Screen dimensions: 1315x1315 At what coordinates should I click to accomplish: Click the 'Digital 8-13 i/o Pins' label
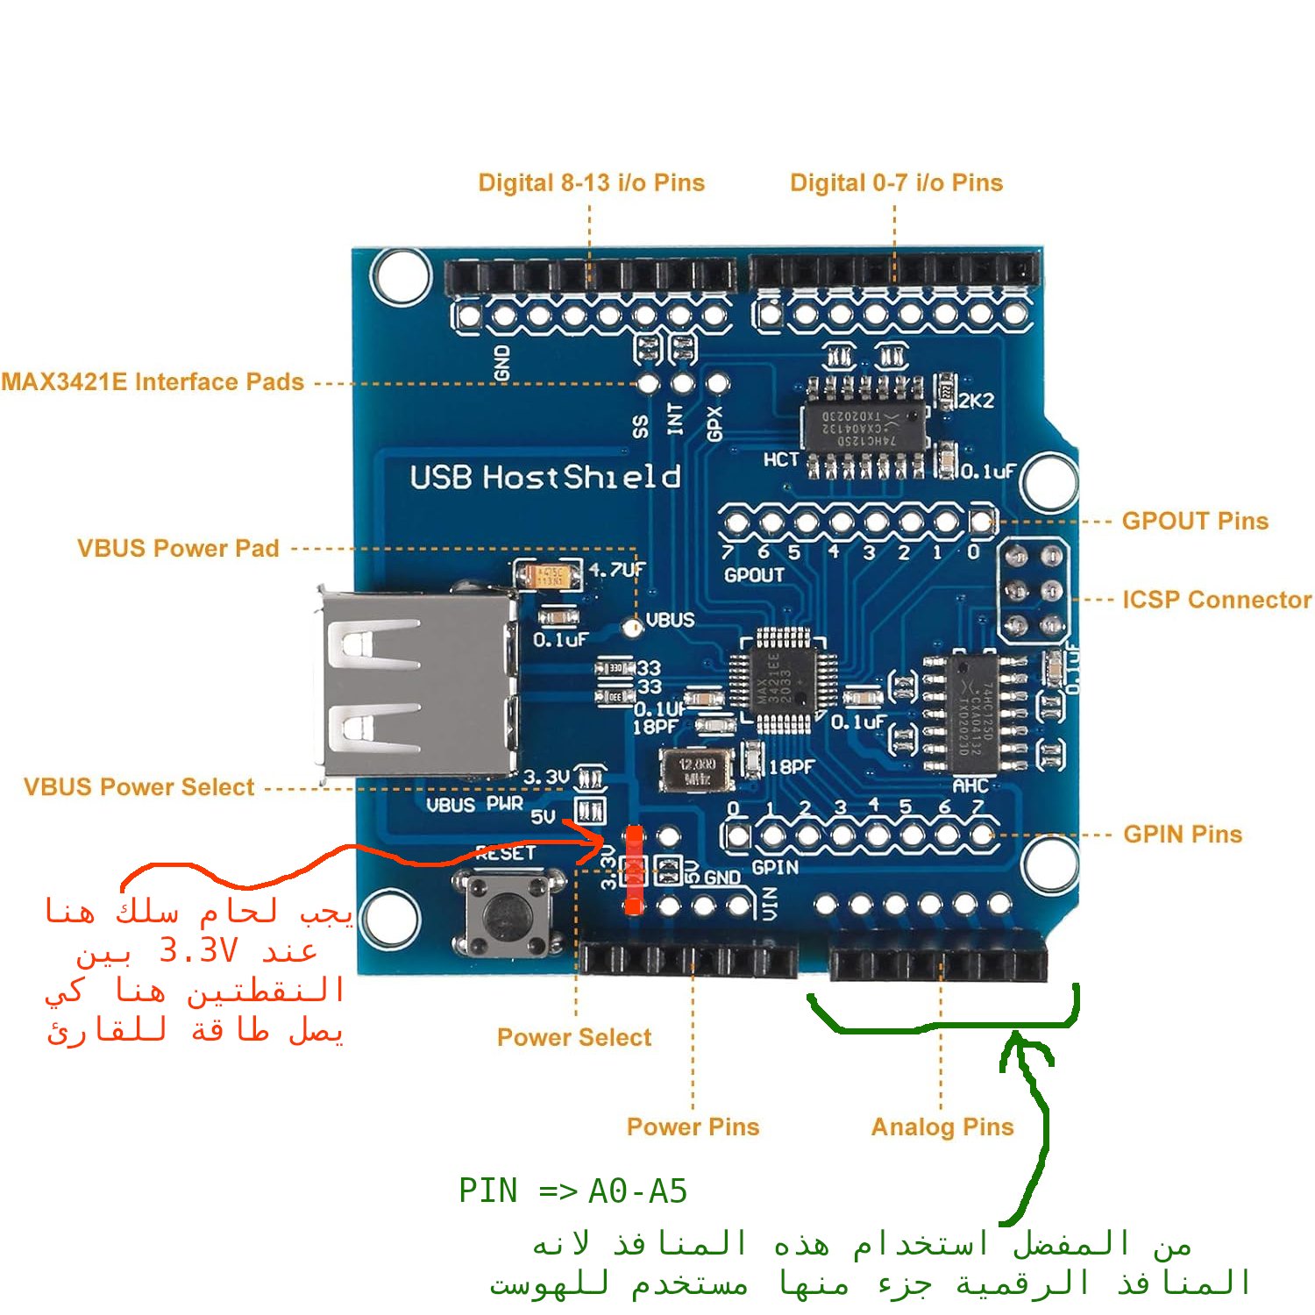click(591, 182)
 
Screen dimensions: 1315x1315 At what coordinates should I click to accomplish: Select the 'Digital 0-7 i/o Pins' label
click(896, 182)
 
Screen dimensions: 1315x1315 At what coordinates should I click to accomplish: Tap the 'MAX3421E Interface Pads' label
click(153, 382)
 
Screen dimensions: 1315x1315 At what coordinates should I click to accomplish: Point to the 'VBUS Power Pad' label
click(178, 549)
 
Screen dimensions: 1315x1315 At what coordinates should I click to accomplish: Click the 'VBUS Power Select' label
click(139, 787)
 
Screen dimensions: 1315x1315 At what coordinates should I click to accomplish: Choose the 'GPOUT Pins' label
click(1195, 521)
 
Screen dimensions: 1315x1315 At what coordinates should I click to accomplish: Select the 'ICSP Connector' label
click(1217, 600)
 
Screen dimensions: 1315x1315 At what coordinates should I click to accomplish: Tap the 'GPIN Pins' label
click(1183, 834)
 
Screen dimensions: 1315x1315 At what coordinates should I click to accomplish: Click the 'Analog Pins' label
click(942, 1127)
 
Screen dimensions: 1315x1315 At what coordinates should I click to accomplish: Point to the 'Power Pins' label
click(693, 1127)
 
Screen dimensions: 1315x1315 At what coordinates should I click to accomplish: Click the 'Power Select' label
click(574, 1037)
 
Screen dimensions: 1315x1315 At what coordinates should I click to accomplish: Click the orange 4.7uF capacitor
click(550, 575)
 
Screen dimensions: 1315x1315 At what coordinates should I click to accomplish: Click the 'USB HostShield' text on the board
click(545, 477)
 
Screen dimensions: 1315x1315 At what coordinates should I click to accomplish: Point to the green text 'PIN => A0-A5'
click(572, 1191)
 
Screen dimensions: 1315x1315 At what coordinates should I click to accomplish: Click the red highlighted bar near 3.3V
click(633, 870)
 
